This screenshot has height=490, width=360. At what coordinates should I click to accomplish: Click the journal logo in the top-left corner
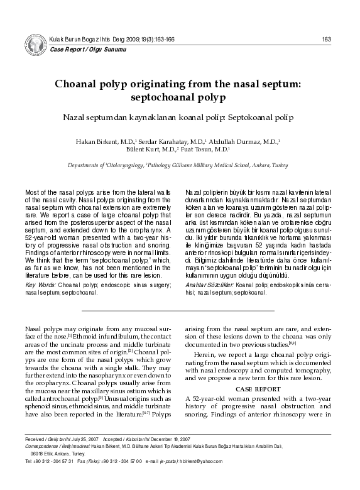pyautogui.click(x=35, y=45)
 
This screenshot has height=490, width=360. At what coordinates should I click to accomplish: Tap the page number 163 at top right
pyautogui.click(x=327, y=40)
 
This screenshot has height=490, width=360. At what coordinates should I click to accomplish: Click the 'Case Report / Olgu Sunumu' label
pyautogui.click(x=77, y=48)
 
